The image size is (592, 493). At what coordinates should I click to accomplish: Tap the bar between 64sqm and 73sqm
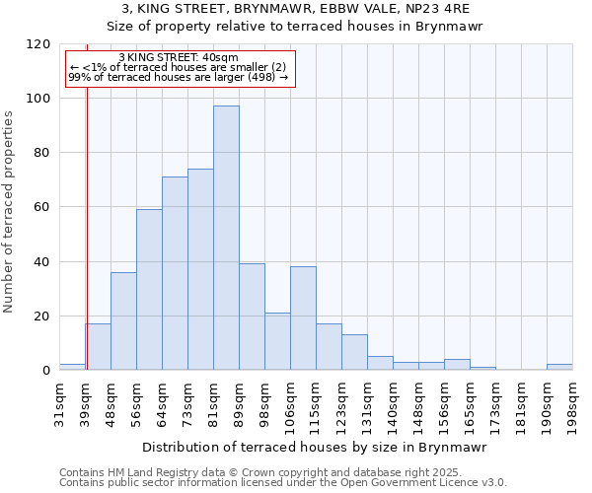tap(175, 273)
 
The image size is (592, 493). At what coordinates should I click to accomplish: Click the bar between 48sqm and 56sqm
tap(123, 320)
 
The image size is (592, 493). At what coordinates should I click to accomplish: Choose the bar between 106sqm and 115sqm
tap(303, 321)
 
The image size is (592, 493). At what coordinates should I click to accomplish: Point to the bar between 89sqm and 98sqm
tap(252, 317)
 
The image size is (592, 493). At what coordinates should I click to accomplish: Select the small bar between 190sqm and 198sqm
tap(559, 367)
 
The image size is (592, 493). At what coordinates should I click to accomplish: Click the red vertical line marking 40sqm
tap(87, 227)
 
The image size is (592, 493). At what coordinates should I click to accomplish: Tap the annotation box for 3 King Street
tap(181, 68)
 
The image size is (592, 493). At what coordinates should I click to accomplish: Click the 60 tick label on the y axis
tap(43, 207)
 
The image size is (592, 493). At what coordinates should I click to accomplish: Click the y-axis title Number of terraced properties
tap(9, 211)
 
